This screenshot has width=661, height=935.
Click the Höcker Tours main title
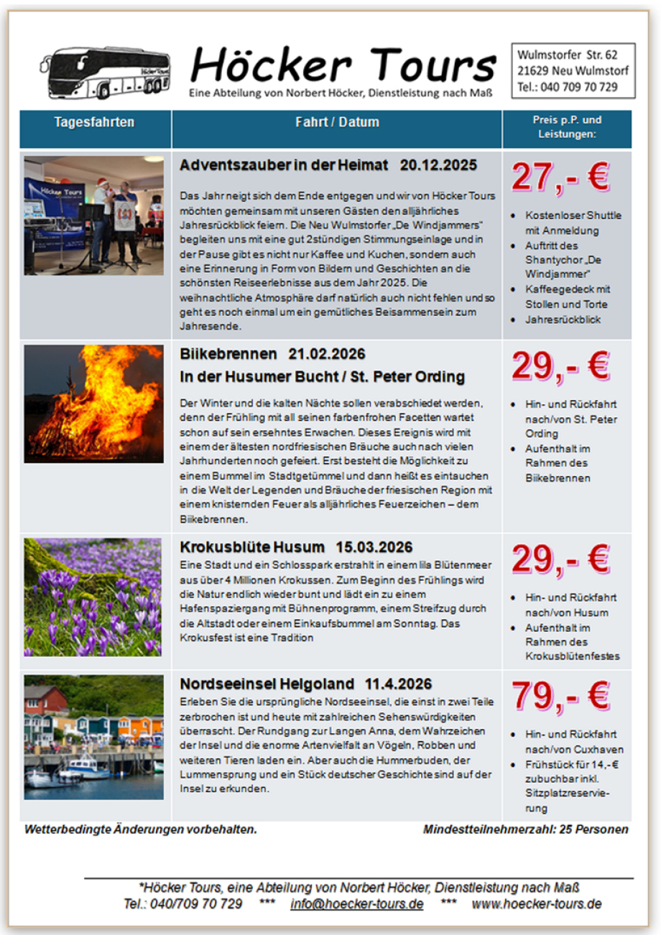[x=343, y=65]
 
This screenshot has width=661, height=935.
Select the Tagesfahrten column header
[x=94, y=122]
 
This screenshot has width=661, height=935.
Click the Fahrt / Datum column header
[x=337, y=122]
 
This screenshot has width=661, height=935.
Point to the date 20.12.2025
[x=438, y=165]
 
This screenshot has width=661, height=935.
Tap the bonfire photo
[x=93, y=403]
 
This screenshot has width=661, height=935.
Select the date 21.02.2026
[x=327, y=354]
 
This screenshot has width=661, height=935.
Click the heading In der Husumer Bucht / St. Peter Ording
[x=322, y=377]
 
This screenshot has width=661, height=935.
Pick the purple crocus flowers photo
[x=93, y=596]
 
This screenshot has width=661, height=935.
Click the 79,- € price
[x=560, y=694]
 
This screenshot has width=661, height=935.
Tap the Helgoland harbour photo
[x=93, y=736]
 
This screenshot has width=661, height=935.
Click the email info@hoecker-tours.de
[x=357, y=903]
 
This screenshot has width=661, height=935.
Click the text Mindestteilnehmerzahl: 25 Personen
[x=526, y=829]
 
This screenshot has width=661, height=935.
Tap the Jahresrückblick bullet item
[x=563, y=320]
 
